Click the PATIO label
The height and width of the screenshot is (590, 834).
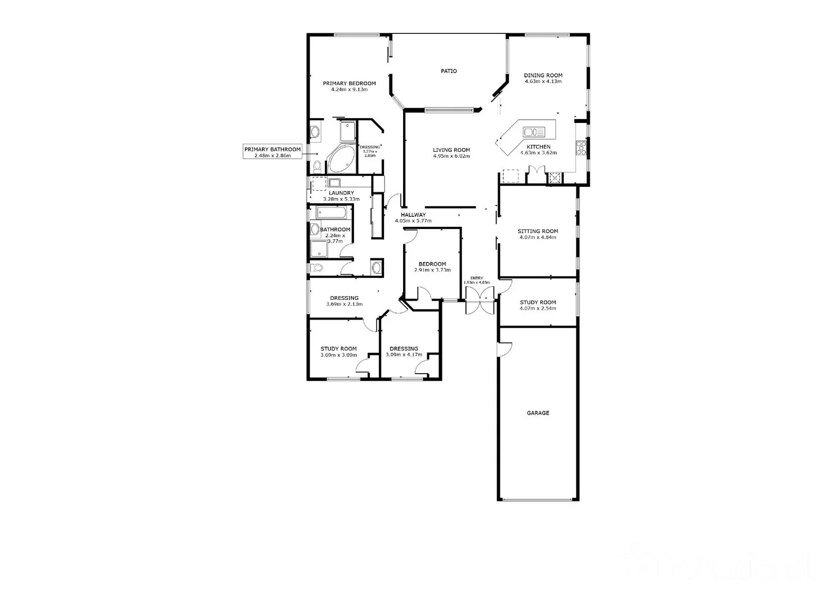[448, 71]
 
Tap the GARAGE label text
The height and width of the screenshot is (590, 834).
[537, 413]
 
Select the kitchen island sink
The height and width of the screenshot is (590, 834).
[534, 132]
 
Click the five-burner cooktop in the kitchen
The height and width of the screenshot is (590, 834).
[581, 148]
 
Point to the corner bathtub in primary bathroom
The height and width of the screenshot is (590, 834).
[341, 159]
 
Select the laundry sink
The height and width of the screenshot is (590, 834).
[334, 182]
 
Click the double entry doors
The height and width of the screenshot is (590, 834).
[480, 300]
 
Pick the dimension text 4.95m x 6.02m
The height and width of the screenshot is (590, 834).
[451, 156]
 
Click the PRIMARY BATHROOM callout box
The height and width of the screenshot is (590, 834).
[272, 152]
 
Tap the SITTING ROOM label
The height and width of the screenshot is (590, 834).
[537, 231]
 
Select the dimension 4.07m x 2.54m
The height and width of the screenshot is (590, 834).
[537, 309]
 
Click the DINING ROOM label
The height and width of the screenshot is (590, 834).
[543, 75]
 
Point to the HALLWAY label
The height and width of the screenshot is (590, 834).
[413, 215]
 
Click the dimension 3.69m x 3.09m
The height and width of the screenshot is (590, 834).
[338, 355]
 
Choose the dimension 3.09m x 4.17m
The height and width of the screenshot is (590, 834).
[404, 355]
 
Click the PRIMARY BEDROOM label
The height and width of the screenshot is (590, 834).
[349, 84]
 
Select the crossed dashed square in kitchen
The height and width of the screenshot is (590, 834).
[555, 177]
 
